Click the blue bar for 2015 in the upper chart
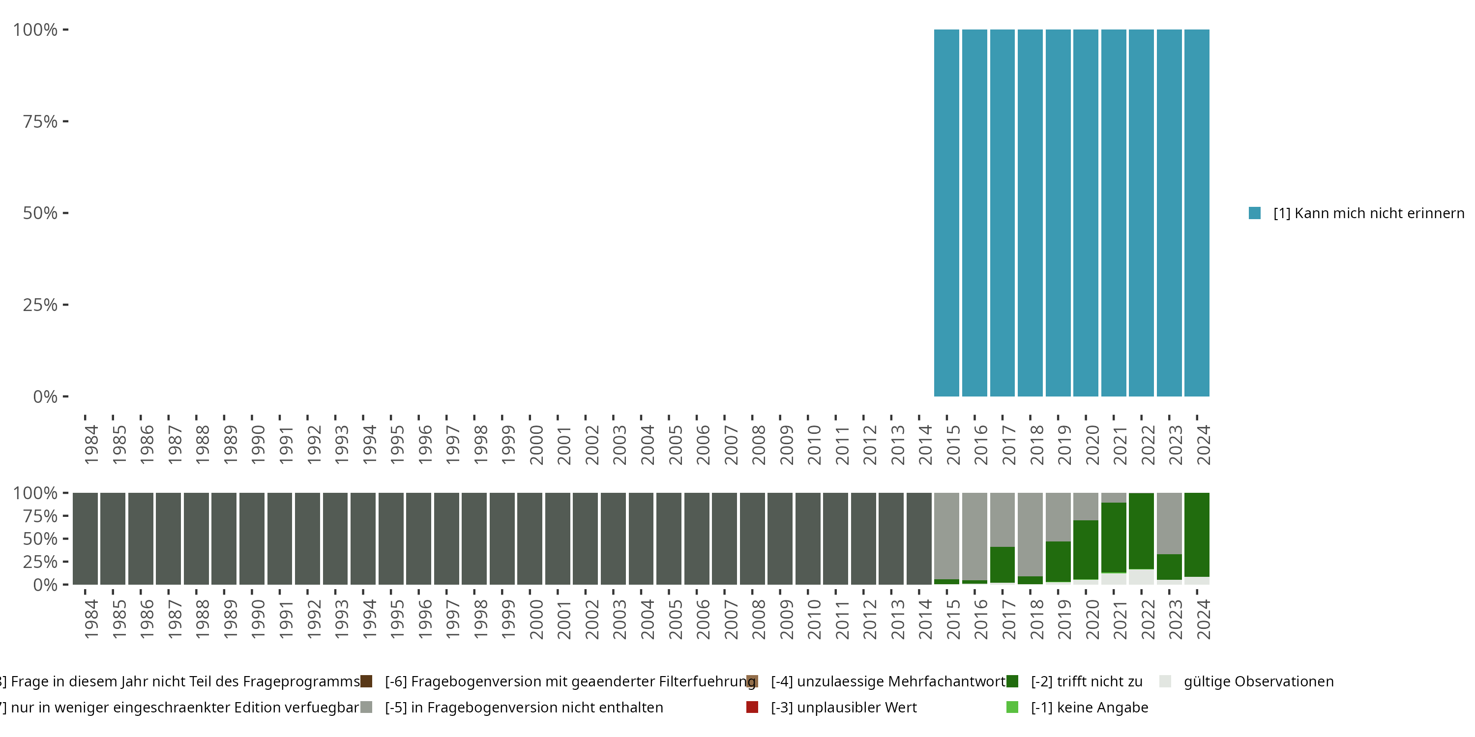(946, 213)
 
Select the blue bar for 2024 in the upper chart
(1197, 213)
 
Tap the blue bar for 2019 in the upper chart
(1058, 213)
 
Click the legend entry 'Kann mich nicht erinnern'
(1367, 213)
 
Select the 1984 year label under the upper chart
(91, 445)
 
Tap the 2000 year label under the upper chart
(536, 445)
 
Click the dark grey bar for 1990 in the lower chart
(252, 539)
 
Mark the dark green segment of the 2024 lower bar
(1197, 535)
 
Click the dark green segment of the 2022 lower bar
(1141, 531)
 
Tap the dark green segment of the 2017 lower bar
(1002, 564)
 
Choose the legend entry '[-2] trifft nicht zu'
(1086, 681)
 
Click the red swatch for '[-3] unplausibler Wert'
(752, 707)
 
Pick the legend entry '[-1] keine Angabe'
(1089, 707)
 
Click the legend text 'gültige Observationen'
(1258, 681)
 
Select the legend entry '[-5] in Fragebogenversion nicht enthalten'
(523, 707)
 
